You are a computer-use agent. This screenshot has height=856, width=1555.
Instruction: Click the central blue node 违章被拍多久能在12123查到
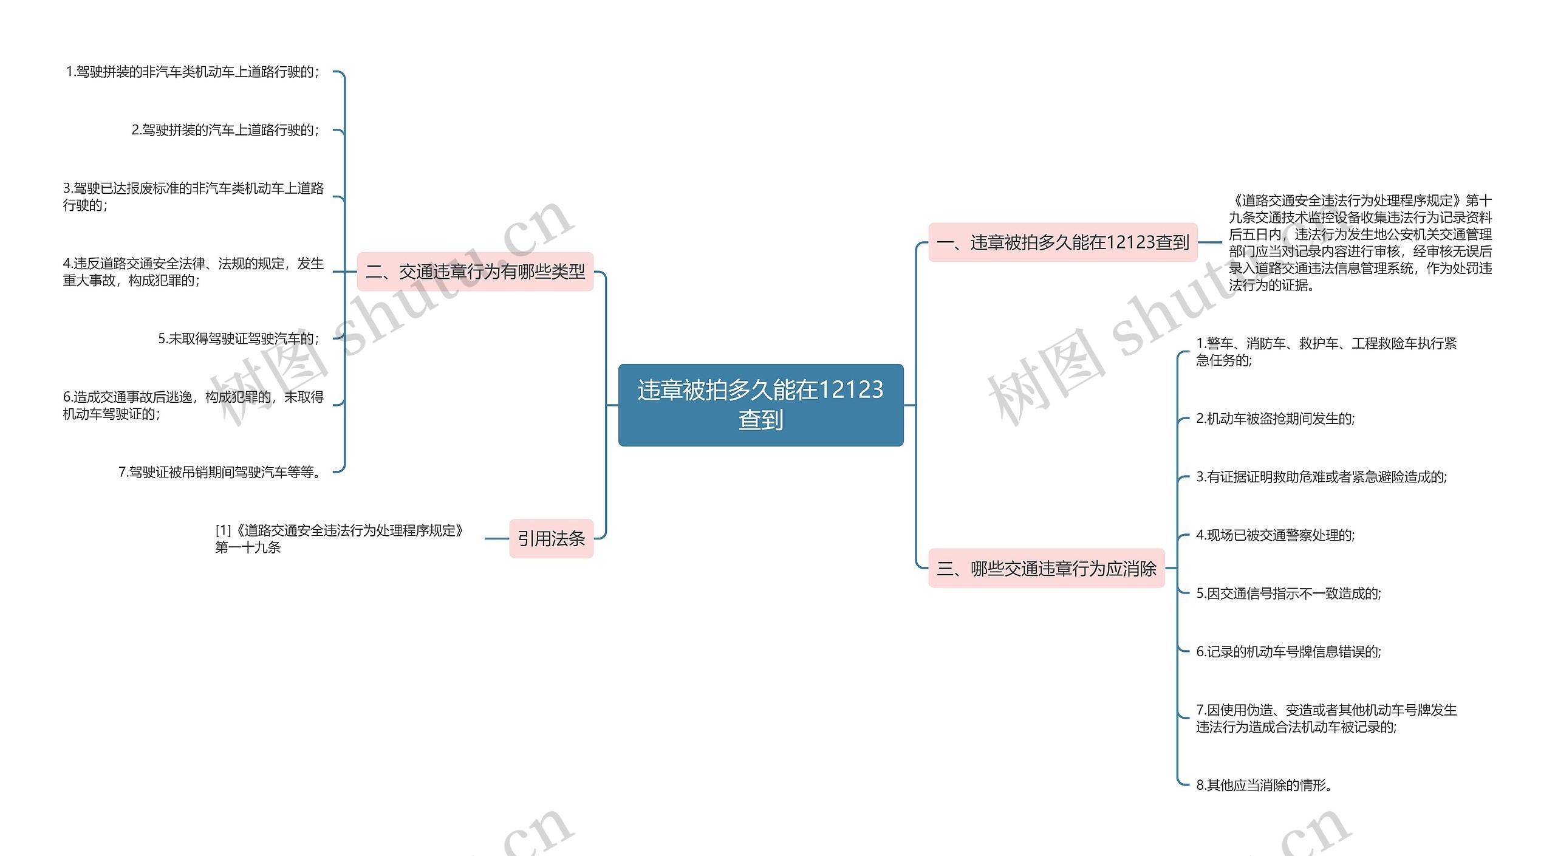point(760,405)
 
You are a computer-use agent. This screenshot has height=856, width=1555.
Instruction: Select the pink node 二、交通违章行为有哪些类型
point(475,272)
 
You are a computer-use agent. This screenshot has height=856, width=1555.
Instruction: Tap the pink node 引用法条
point(551,538)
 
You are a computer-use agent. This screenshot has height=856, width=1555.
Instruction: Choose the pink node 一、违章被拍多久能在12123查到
point(1062,242)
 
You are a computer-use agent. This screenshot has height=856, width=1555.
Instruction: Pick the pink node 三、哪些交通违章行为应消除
point(1046,569)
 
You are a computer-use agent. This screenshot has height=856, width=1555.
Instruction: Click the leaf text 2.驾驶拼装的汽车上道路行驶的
point(225,130)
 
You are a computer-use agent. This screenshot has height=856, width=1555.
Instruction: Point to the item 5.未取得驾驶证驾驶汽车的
point(238,338)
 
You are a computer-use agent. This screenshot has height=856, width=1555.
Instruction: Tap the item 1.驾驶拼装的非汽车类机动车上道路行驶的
point(192,72)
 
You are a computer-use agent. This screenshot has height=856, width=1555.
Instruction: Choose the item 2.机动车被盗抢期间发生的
point(1275,419)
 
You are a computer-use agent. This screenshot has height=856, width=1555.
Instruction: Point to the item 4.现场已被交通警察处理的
point(1275,535)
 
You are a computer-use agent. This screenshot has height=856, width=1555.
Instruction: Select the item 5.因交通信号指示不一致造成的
point(1288,594)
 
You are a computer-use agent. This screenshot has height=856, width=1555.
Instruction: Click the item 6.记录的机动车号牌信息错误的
point(1288,652)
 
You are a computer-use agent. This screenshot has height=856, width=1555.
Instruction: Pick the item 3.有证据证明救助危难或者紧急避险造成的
point(1321,477)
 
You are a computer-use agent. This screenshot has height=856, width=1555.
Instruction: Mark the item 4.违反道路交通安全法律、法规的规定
point(193,272)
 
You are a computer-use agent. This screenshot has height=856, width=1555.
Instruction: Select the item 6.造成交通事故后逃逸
point(193,405)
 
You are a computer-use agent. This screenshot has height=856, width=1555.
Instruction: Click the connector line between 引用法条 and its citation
point(497,538)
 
